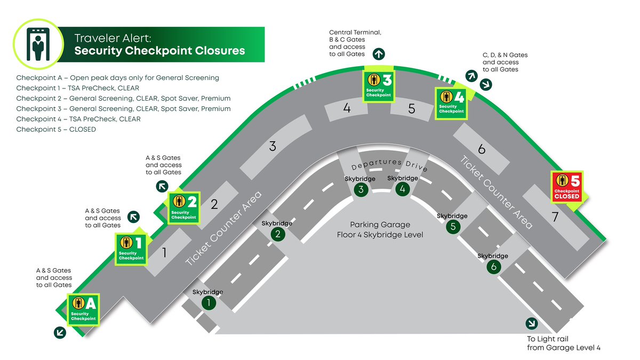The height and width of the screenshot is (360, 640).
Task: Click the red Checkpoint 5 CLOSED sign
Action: click(566, 187)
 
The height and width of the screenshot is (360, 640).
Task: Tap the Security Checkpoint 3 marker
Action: click(379, 84)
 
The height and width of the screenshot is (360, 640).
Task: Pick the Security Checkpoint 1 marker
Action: click(131, 249)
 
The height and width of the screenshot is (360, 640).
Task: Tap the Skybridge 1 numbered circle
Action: click(209, 303)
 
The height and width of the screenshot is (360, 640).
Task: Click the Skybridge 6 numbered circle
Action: click(493, 267)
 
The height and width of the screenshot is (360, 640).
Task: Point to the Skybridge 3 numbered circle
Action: click(361, 189)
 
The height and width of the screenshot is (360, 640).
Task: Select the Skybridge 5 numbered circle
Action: click(452, 227)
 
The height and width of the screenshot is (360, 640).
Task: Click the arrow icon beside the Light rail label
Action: click(531, 324)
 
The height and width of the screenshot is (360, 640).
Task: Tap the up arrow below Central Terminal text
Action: click(379, 53)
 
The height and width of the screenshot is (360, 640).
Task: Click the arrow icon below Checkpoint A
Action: click(60, 332)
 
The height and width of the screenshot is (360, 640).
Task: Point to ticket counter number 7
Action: click(555, 217)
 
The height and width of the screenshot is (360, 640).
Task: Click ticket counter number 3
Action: click(273, 146)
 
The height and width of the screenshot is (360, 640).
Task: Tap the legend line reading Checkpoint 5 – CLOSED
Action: click(56, 129)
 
